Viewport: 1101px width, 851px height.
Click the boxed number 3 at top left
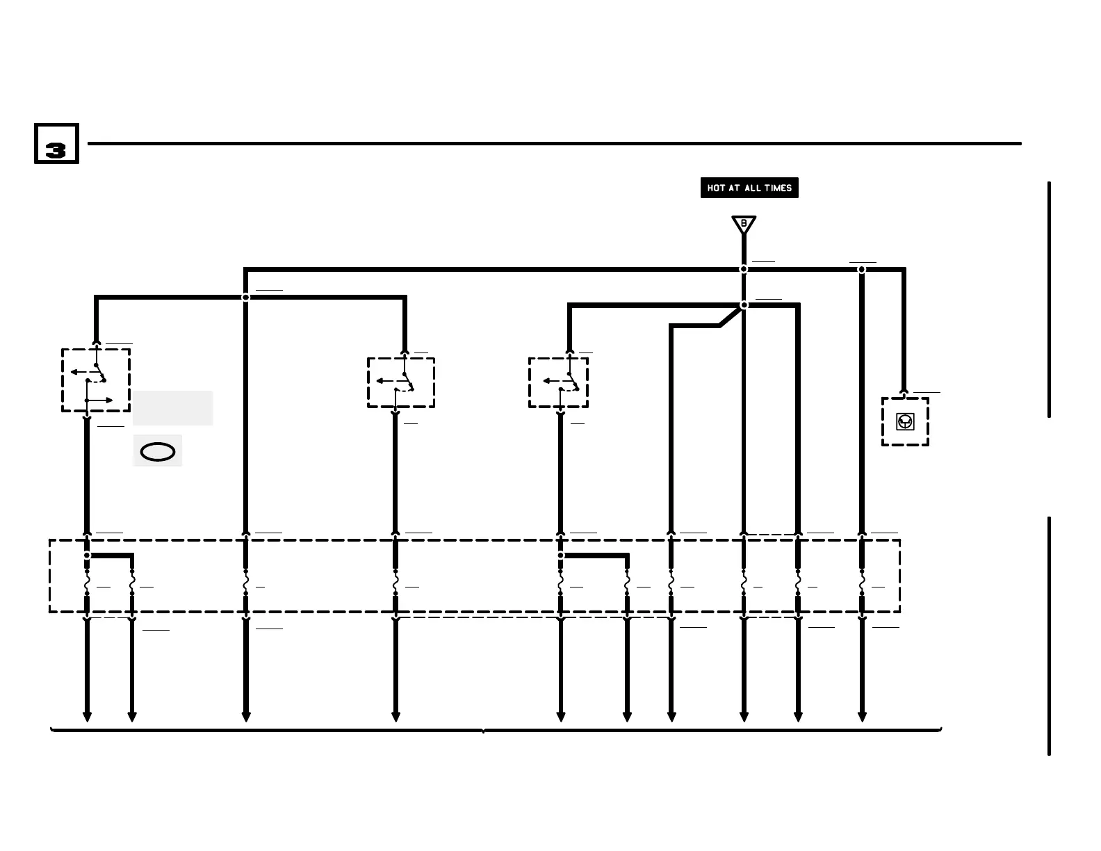(x=56, y=144)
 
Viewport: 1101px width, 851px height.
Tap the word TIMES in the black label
(x=778, y=188)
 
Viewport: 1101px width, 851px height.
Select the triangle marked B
(x=744, y=225)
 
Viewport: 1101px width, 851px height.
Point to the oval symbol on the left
(x=158, y=452)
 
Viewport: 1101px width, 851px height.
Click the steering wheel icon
(x=905, y=421)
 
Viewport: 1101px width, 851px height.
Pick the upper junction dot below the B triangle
(x=744, y=269)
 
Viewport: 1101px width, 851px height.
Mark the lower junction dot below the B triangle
(x=744, y=305)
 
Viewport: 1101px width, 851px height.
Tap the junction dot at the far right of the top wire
(x=862, y=269)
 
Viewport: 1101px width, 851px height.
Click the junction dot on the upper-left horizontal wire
(x=245, y=298)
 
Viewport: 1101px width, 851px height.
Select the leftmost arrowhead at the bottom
(x=87, y=717)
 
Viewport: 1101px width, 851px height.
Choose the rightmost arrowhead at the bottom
(x=862, y=717)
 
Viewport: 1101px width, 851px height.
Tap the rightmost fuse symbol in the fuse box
(x=862, y=583)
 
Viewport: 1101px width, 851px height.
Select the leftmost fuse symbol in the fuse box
(x=87, y=583)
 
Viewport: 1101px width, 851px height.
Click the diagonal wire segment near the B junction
(x=730, y=316)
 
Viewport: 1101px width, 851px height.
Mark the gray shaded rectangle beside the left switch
(x=172, y=407)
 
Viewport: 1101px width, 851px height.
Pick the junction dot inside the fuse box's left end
(x=87, y=556)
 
